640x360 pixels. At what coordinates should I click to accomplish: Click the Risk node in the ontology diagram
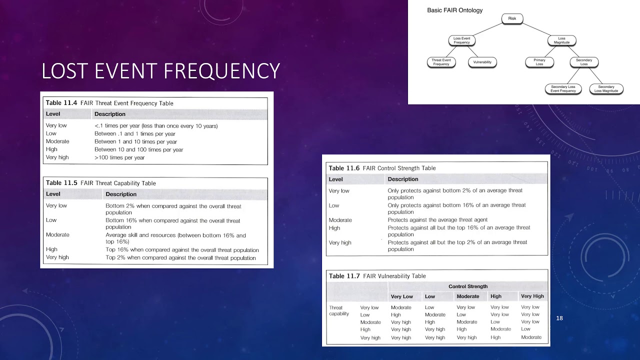tap(512, 18)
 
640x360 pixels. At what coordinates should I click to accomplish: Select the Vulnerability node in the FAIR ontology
tap(482, 62)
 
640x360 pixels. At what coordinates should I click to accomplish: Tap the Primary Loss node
tap(539, 62)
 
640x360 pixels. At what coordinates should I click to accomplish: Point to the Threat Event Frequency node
tap(441, 62)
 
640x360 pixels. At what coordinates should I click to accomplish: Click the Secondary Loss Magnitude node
tap(606, 89)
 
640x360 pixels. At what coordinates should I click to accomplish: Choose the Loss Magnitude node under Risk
tap(561, 40)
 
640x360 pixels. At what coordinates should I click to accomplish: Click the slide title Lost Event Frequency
tap(160, 71)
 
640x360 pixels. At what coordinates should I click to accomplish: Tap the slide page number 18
tap(559, 318)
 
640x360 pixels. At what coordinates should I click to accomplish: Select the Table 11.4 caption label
tap(61, 103)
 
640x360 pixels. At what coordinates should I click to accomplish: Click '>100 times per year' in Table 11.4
tap(119, 157)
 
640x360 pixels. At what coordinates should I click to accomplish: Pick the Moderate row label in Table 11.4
tap(57, 141)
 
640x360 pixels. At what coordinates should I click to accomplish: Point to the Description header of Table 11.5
tap(121, 194)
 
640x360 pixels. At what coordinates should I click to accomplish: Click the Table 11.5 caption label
tap(61, 183)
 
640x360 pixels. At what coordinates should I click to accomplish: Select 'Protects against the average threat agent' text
tap(437, 220)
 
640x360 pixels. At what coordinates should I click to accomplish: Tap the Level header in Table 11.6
tap(335, 179)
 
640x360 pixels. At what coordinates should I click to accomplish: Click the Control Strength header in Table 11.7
tap(468, 286)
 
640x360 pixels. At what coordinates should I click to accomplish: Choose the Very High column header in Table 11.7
tap(532, 296)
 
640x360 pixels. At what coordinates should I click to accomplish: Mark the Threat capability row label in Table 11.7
tap(338, 310)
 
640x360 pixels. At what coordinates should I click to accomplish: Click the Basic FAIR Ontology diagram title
tap(454, 10)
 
